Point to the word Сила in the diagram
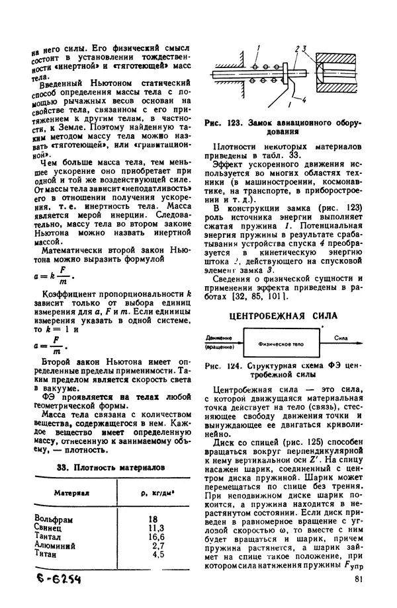pos(341,337)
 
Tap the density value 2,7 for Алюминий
pos(157,546)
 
